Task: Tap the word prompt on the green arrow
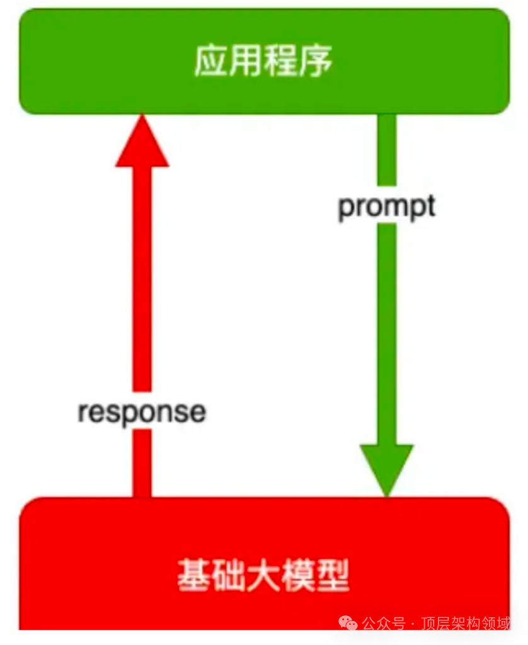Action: tap(386, 207)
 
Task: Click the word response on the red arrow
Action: tap(142, 411)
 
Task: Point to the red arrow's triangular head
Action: tap(142, 142)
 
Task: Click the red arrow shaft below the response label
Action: tap(142, 463)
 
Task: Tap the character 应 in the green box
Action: tap(211, 61)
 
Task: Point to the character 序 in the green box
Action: tap(316, 61)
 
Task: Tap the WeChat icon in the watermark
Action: tap(348, 623)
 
